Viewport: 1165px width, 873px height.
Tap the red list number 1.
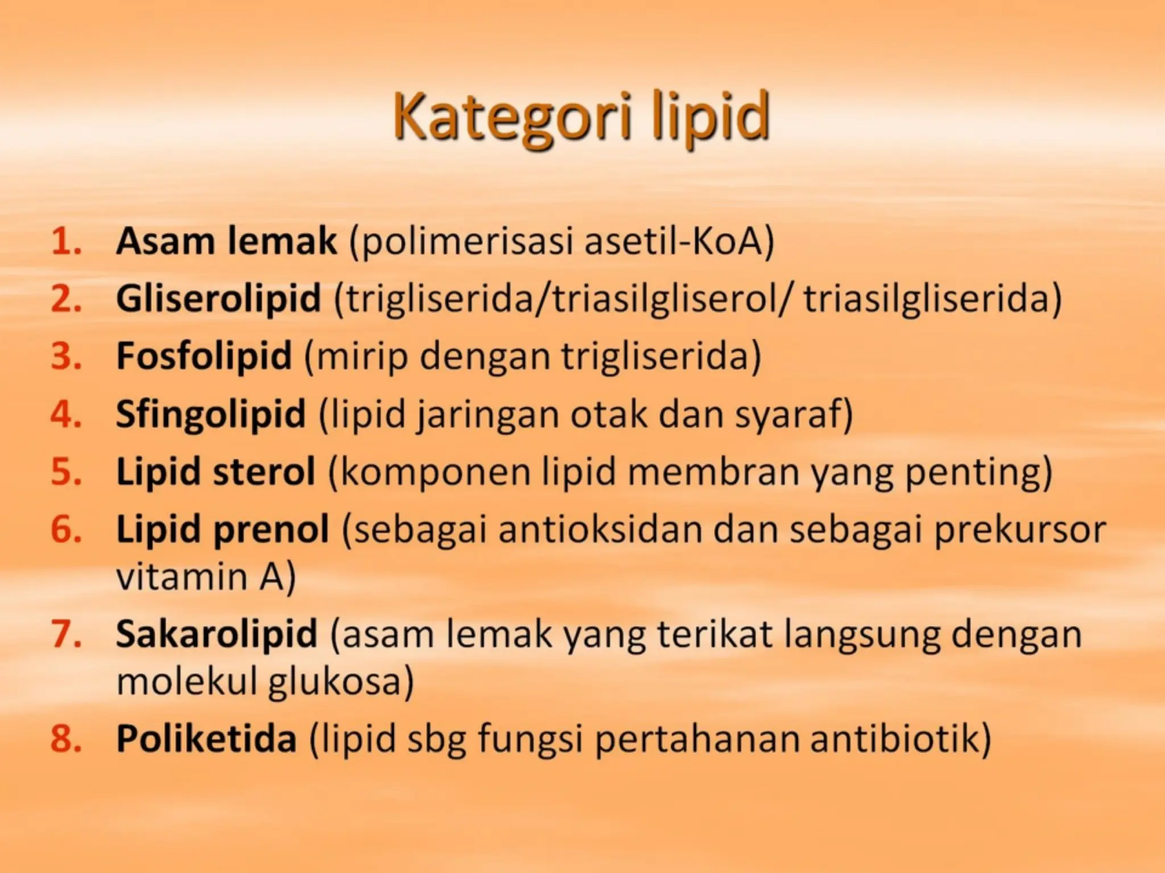coord(65,242)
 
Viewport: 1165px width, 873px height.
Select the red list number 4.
coord(65,414)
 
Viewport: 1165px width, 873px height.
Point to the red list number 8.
coord(65,739)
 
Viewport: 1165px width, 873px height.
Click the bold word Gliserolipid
coord(218,299)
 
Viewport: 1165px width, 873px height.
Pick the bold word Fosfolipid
coord(204,356)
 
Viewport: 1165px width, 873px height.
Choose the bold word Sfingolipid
coord(210,414)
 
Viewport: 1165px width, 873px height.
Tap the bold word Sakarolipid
coord(216,634)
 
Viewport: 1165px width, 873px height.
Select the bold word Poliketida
coord(206,739)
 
